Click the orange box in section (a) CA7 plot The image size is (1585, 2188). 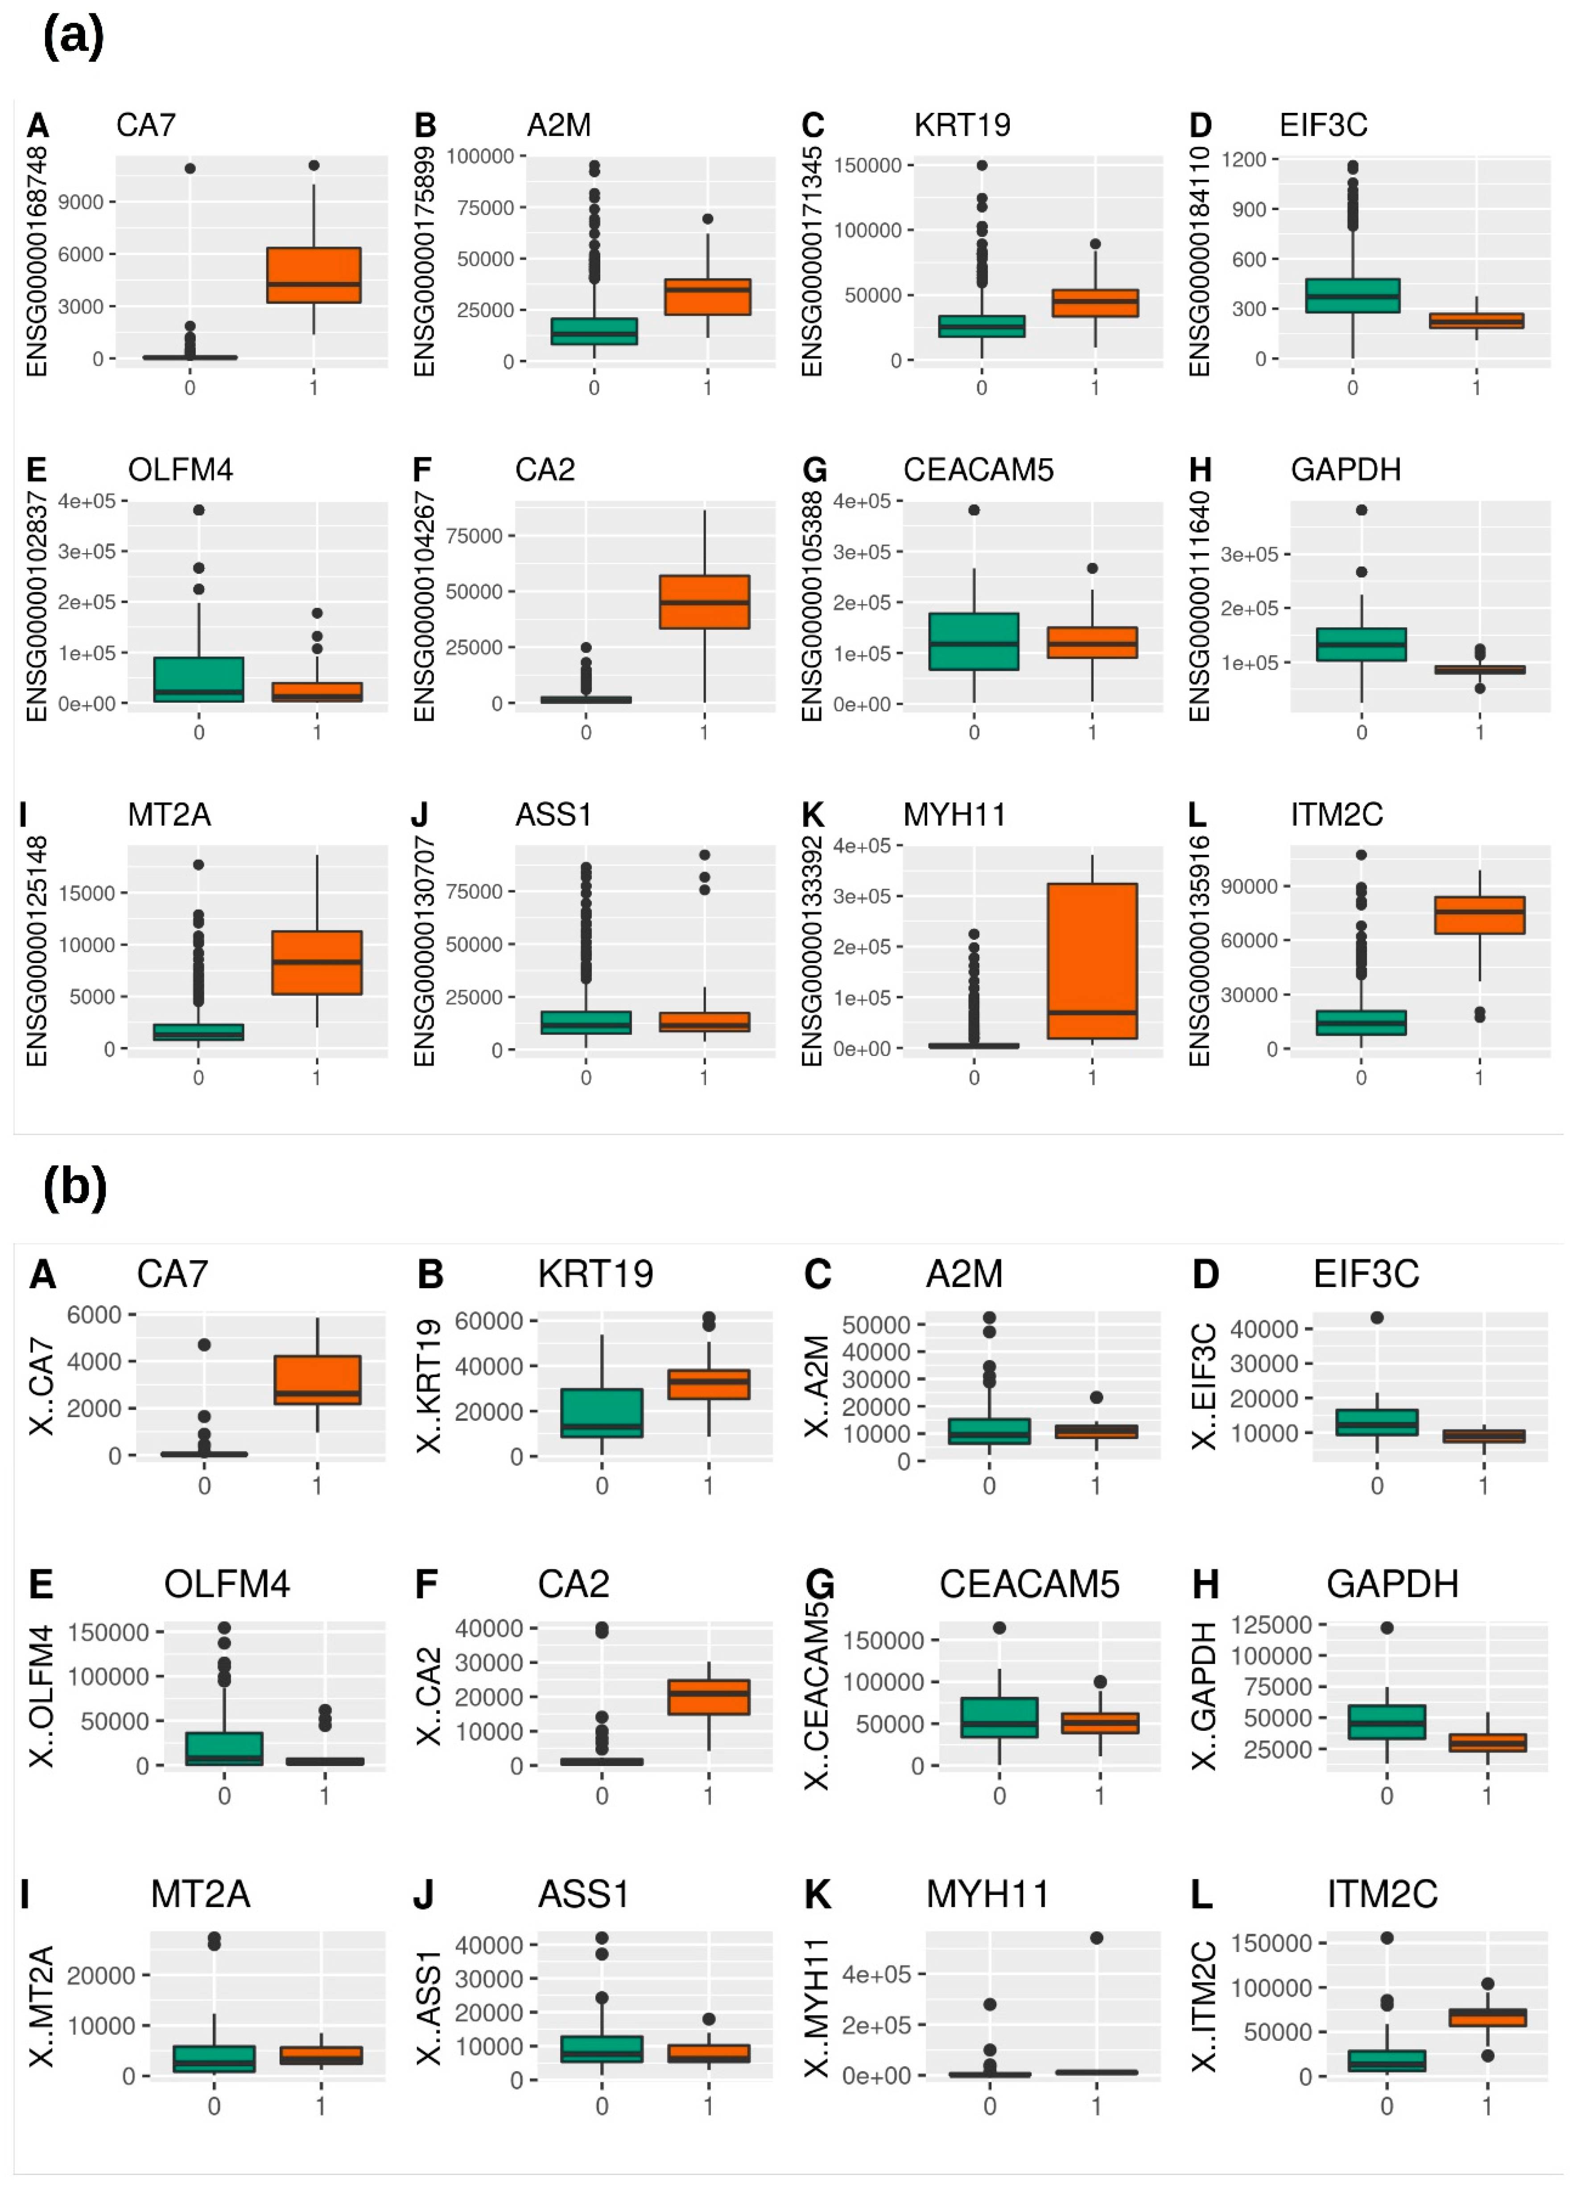pyautogui.click(x=314, y=275)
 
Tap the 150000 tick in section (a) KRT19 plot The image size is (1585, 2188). pyautogui.click(x=867, y=165)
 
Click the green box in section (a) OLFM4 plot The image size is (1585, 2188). pyautogui.click(x=199, y=679)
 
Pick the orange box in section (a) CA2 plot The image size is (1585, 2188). pyautogui.click(x=704, y=602)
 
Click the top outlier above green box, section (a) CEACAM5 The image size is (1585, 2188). pyautogui.click(x=974, y=510)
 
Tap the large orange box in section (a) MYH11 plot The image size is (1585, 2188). pyautogui.click(x=1092, y=961)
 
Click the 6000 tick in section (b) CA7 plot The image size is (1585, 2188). pyautogui.click(x=94, y=1315)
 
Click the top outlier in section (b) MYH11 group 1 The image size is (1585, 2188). pyautogui.click(x=1096, y=1938)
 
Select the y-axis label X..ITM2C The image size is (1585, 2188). pyautogui.click(x=1203, y=2006)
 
